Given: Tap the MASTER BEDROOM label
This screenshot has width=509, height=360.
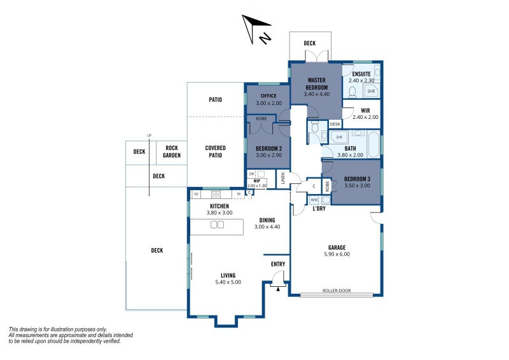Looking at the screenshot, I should click(316, 83).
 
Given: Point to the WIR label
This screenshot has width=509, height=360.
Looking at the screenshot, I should click(365, 110).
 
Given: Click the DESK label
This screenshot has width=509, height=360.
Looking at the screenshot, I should click(335, 124).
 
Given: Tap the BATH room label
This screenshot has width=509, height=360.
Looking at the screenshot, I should click(351, 148).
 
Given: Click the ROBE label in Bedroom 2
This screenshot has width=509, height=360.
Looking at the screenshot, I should click(261, 119).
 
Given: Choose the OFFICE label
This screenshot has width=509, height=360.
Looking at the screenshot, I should click(268, 96).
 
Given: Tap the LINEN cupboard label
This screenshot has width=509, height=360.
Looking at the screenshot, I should click(282, 179).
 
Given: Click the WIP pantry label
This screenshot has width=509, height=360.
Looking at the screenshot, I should click(257, 181).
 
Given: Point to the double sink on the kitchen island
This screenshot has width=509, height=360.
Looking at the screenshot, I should click(217, 225).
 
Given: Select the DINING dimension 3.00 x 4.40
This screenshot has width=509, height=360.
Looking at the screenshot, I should click(267, 227).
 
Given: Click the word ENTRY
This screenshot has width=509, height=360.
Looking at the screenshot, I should click(278, 264).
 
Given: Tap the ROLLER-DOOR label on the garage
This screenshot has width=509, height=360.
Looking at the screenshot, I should click(337, 292).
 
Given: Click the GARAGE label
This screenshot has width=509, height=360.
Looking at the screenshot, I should click(337, 247).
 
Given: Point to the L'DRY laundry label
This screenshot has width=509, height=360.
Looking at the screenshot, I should click(319, 208).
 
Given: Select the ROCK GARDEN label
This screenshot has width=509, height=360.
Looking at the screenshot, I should click(172, 152).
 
